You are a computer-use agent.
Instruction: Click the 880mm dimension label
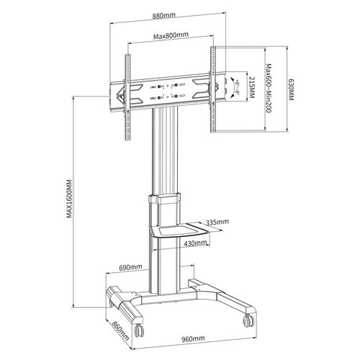[x=164, y=16]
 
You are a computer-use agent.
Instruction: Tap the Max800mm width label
[x=171, y=35]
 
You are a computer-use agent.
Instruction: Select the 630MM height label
[x=291, y=90]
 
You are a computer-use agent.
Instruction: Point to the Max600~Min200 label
[x=269, y=89]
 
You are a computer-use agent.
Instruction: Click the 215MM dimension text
[x=252, y=87]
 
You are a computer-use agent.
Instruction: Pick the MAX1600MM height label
[x=69, y=199]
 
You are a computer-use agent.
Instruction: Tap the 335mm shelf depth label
[x=217, y=222]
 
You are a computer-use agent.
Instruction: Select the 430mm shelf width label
[x=195, y=243]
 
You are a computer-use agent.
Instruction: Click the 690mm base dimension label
[x=130, y=267]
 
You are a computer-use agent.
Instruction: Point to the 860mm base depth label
[x=121, y=330]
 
